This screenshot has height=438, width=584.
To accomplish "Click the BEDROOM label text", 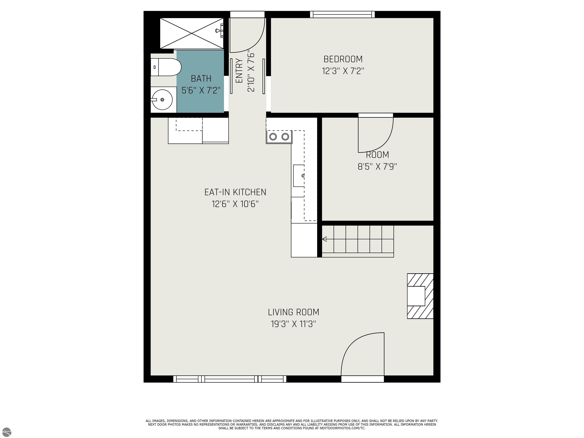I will click(343, 59).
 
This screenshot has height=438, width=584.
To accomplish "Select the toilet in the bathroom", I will click(166, 67).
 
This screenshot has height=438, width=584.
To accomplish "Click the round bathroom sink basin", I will click(162, 100).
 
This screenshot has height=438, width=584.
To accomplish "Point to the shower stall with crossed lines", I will click(192, 33).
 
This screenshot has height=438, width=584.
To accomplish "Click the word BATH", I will click(201, 79).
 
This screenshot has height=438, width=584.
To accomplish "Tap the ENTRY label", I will click(239, 71).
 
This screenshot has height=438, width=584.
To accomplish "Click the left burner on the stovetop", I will click(273, 137).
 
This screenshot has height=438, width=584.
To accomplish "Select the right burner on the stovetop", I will click(285, 137).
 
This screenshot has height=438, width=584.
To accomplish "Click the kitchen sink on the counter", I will click(299, 176).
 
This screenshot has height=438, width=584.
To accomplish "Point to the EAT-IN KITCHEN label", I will click(235, 192).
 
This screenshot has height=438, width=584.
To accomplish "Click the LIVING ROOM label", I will click(293, 312).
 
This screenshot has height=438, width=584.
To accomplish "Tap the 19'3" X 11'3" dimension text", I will click(293, 324).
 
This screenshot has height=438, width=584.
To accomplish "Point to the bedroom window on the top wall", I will click(342, 14).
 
